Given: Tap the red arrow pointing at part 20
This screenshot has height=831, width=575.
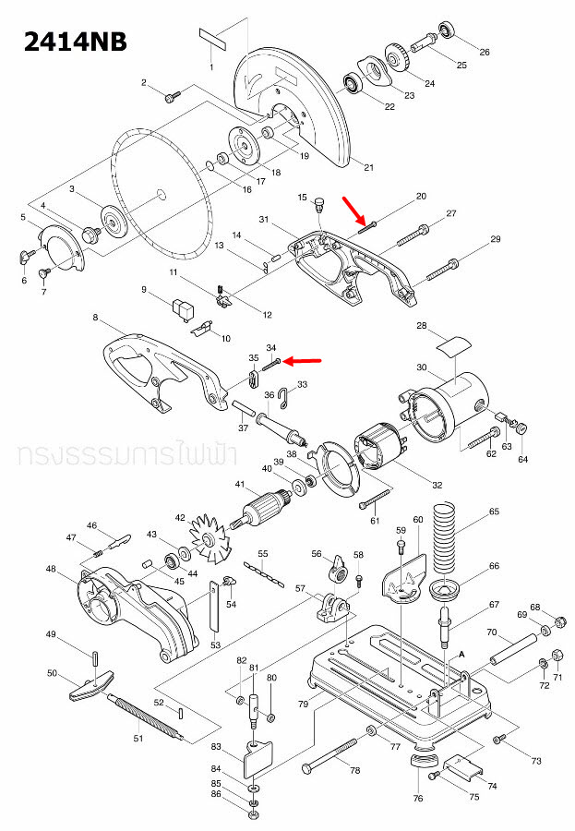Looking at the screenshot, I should point(355,210).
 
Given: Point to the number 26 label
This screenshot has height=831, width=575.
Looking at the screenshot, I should point(485,51).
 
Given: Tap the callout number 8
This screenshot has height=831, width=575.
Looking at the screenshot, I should point(95,318).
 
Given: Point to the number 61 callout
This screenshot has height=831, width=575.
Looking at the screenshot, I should point(375,522).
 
